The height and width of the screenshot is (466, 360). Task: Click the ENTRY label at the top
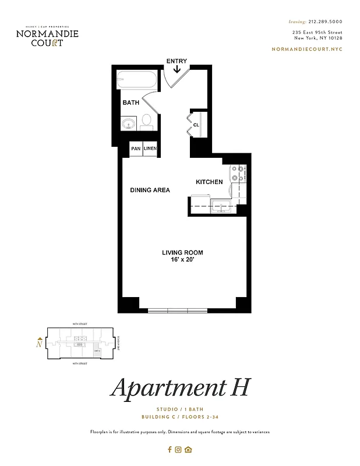(x=177, y=61)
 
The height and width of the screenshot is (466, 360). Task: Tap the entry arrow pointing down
(x=177, y=70)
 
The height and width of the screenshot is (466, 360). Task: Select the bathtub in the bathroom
(x=137, y=79)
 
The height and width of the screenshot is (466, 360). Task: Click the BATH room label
(x=130, y=103)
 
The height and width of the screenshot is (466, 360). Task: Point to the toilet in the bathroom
(x=146, y=122)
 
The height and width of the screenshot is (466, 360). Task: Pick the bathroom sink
(x=129, y=123)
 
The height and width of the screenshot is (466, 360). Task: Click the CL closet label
(x=196, y=124)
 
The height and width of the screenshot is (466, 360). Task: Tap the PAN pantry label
(x=135, y=149)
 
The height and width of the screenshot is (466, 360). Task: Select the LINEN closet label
(x=150, y=149)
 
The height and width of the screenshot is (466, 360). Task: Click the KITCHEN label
(x=209, y=182)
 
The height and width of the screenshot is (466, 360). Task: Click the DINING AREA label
(x=150, y=190)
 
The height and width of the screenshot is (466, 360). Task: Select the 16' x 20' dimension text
(x=182, y=260)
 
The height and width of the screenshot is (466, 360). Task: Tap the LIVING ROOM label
(x=182, y=252)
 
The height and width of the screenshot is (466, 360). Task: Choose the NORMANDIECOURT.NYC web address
(x=307, y=49)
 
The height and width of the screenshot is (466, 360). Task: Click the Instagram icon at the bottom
(x=179, y=449)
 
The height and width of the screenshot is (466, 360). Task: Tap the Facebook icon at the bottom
(x=170, y=449)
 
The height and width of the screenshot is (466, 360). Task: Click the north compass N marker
(x=39, y=344)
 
